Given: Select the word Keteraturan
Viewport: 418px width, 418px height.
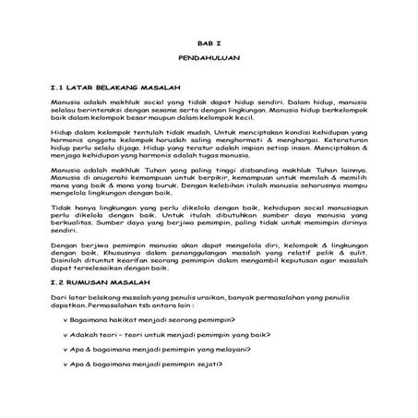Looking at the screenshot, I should [x=337, y=142].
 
